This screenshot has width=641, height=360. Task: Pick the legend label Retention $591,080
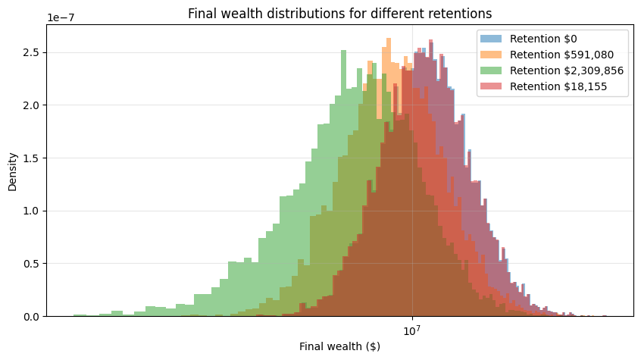(x=561, y=55)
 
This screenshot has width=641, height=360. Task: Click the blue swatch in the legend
(x=492, y=39)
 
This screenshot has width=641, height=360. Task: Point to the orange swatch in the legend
(x=492, y=55)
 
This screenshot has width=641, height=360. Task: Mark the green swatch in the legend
(x=492, y=70)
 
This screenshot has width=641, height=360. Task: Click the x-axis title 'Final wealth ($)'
(x=340, y=346)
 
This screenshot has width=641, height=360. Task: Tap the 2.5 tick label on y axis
(x=31, y=52)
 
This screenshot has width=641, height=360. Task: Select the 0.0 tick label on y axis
(x=31, y=317)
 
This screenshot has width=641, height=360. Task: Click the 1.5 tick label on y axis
(x=31, y=158)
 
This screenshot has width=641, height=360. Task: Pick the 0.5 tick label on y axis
(x=31, y=264)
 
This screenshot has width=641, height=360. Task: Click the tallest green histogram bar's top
(x=343, y=51)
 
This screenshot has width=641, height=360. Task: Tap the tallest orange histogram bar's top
(x=388, y=38)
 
